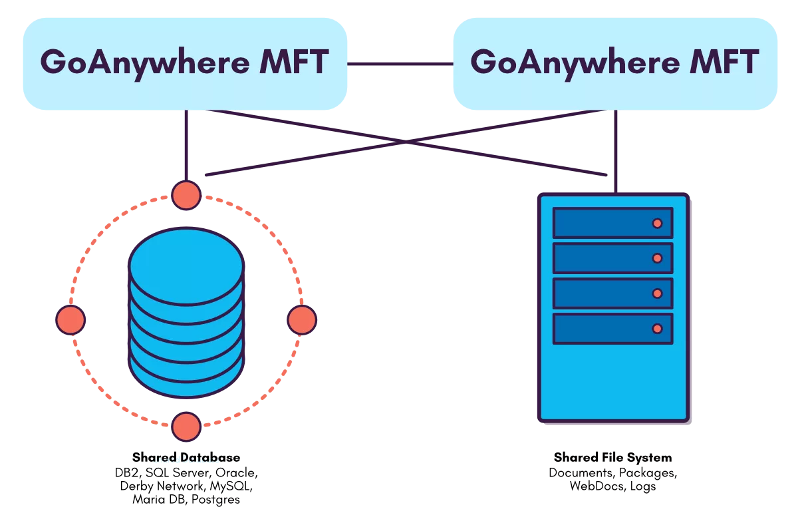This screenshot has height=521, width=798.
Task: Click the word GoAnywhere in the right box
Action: pos(565,63)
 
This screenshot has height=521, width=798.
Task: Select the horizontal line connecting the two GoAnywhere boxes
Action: pos(401,64)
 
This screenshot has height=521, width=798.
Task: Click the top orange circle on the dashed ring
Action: pos(186,196)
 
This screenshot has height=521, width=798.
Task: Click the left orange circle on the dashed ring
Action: pos(70,319)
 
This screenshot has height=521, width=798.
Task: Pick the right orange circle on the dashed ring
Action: pos(302,319)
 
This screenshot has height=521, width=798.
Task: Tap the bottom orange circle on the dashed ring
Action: pos(186,427)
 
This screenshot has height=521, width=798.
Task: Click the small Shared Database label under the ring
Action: pos(186,459)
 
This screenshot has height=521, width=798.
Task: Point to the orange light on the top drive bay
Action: pos(657,224)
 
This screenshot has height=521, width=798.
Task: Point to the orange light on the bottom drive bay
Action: pos(657,329)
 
